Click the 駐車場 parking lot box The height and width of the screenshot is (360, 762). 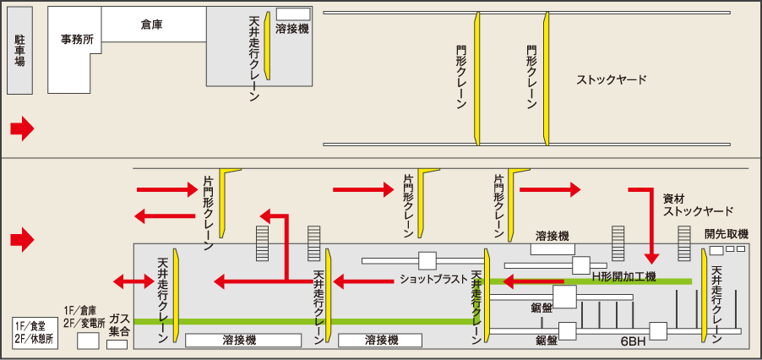[20, 50]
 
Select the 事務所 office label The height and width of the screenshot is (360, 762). [77, 40]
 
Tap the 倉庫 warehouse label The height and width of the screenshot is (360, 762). [151, 25]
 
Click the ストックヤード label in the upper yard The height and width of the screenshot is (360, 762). [612, 80]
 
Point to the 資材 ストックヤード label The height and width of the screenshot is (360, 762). [698, 205]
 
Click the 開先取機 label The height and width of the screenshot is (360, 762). [726, 234]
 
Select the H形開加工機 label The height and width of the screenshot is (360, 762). [623, 277]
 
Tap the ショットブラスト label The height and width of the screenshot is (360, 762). [433, 280]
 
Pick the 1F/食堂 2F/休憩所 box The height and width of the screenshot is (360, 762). [35, 333]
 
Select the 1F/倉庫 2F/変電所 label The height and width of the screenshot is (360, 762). [84, 316]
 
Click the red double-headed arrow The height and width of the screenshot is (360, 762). [133, 281]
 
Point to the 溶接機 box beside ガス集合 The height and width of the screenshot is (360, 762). [242, 340]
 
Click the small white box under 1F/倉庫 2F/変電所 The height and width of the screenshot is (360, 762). [88, 341]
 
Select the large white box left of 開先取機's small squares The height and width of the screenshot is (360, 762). [716, 250]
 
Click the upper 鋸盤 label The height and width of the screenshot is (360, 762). [542, 308]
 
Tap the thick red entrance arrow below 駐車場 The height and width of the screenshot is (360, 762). [22, 129]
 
